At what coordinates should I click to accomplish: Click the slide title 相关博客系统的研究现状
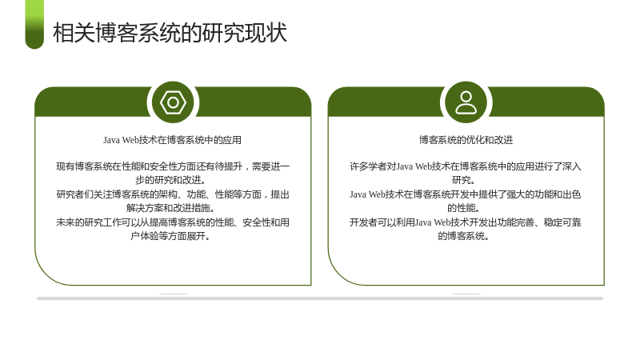[170, 33]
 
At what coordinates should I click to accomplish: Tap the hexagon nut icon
[173, 102]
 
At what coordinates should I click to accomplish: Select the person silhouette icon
[466, 102]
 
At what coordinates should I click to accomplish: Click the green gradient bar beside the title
[34, 25]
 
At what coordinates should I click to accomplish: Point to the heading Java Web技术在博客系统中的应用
[172, 140]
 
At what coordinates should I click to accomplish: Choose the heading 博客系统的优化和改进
[466, 140]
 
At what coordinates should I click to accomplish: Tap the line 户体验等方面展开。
[170, 236]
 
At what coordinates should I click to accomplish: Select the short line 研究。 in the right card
[464, 180]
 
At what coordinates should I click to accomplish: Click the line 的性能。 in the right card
[464, 208]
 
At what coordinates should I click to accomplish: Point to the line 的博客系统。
[464, 236]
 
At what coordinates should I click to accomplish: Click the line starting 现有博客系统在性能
[173, 166]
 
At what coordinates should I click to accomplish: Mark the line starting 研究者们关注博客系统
[173, 194]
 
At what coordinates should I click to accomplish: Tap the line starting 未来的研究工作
[173, 222]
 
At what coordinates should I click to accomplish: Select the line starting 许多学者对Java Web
[466, 166]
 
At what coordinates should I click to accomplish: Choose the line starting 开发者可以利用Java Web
[466, 222]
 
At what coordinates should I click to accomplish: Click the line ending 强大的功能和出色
[466, 194]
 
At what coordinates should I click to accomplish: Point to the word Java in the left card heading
[111, 140]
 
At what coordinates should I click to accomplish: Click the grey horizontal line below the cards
[320, 298]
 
